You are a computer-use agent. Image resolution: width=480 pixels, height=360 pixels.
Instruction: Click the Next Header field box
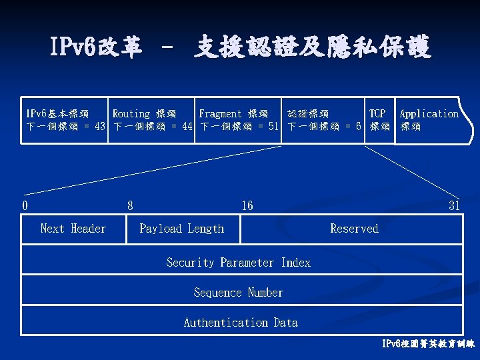[x=73, y=229]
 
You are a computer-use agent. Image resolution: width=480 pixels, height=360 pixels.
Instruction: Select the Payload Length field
[x=182, y=229]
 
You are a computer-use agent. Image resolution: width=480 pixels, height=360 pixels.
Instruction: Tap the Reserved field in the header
[x=354, y=229]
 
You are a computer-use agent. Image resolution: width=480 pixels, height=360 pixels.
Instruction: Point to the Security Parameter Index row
[x=239, y=263]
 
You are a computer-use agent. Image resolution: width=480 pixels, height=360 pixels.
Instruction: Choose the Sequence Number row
[x=239, y=293]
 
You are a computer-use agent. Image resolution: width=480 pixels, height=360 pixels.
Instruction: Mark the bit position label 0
[x=25, y=205]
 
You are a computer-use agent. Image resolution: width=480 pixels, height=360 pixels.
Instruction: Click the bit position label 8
[x=130, y=205]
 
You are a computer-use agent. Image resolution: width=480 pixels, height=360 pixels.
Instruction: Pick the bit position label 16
[x=247, y=205]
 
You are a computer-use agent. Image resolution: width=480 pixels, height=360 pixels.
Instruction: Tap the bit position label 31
[x=454, y=205]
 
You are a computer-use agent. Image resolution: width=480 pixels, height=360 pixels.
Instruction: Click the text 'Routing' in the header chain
[x=131, y=114]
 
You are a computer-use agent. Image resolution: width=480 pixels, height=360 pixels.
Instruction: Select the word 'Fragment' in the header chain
[x=220, y=114]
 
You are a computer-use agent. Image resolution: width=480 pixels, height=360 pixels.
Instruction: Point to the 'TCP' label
[x=377, y=114]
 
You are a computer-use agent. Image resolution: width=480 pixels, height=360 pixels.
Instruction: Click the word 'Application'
[x=429, y=114]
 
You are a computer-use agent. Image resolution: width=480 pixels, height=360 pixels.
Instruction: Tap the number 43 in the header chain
[x=100, y=127]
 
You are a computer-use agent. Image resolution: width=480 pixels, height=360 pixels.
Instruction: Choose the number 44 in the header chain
[x=187, y=127]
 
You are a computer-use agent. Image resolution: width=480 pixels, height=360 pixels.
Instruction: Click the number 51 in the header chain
[x=273, y=127]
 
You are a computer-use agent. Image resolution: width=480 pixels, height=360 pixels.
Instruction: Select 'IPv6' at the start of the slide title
[x=72, y=48]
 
